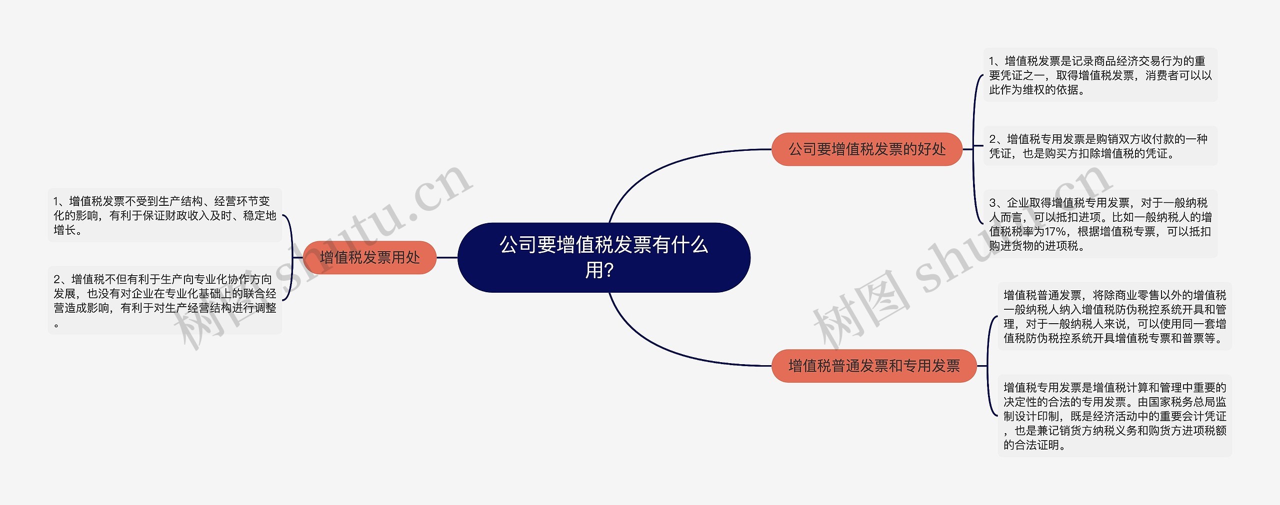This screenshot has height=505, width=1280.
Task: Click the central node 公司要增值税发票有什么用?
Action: (603, 257)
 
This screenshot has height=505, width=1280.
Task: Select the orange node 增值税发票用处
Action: (369, 257)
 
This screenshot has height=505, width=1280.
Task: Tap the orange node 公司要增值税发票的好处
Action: (866, 149)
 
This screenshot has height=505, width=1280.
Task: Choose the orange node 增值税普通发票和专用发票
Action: (873, 366)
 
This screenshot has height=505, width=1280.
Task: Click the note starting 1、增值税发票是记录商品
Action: (1100, 75)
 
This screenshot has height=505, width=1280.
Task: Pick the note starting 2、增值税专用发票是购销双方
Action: (1100, 146)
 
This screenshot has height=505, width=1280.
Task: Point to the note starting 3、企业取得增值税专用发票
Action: (1100, 224)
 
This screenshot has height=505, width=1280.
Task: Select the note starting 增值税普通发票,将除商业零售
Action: (1114, 316)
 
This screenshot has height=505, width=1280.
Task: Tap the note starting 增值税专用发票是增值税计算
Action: (1114, 416)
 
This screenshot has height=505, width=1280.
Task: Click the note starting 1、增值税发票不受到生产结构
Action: (165, 215)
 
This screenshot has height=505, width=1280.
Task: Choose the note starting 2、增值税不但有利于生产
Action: (165, 301)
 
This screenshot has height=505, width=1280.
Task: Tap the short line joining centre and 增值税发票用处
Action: (447, 258)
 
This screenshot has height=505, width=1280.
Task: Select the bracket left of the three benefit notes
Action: (974, 149)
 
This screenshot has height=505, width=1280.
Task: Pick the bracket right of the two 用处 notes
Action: (291, 258)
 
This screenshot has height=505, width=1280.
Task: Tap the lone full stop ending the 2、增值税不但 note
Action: (56, 325)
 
